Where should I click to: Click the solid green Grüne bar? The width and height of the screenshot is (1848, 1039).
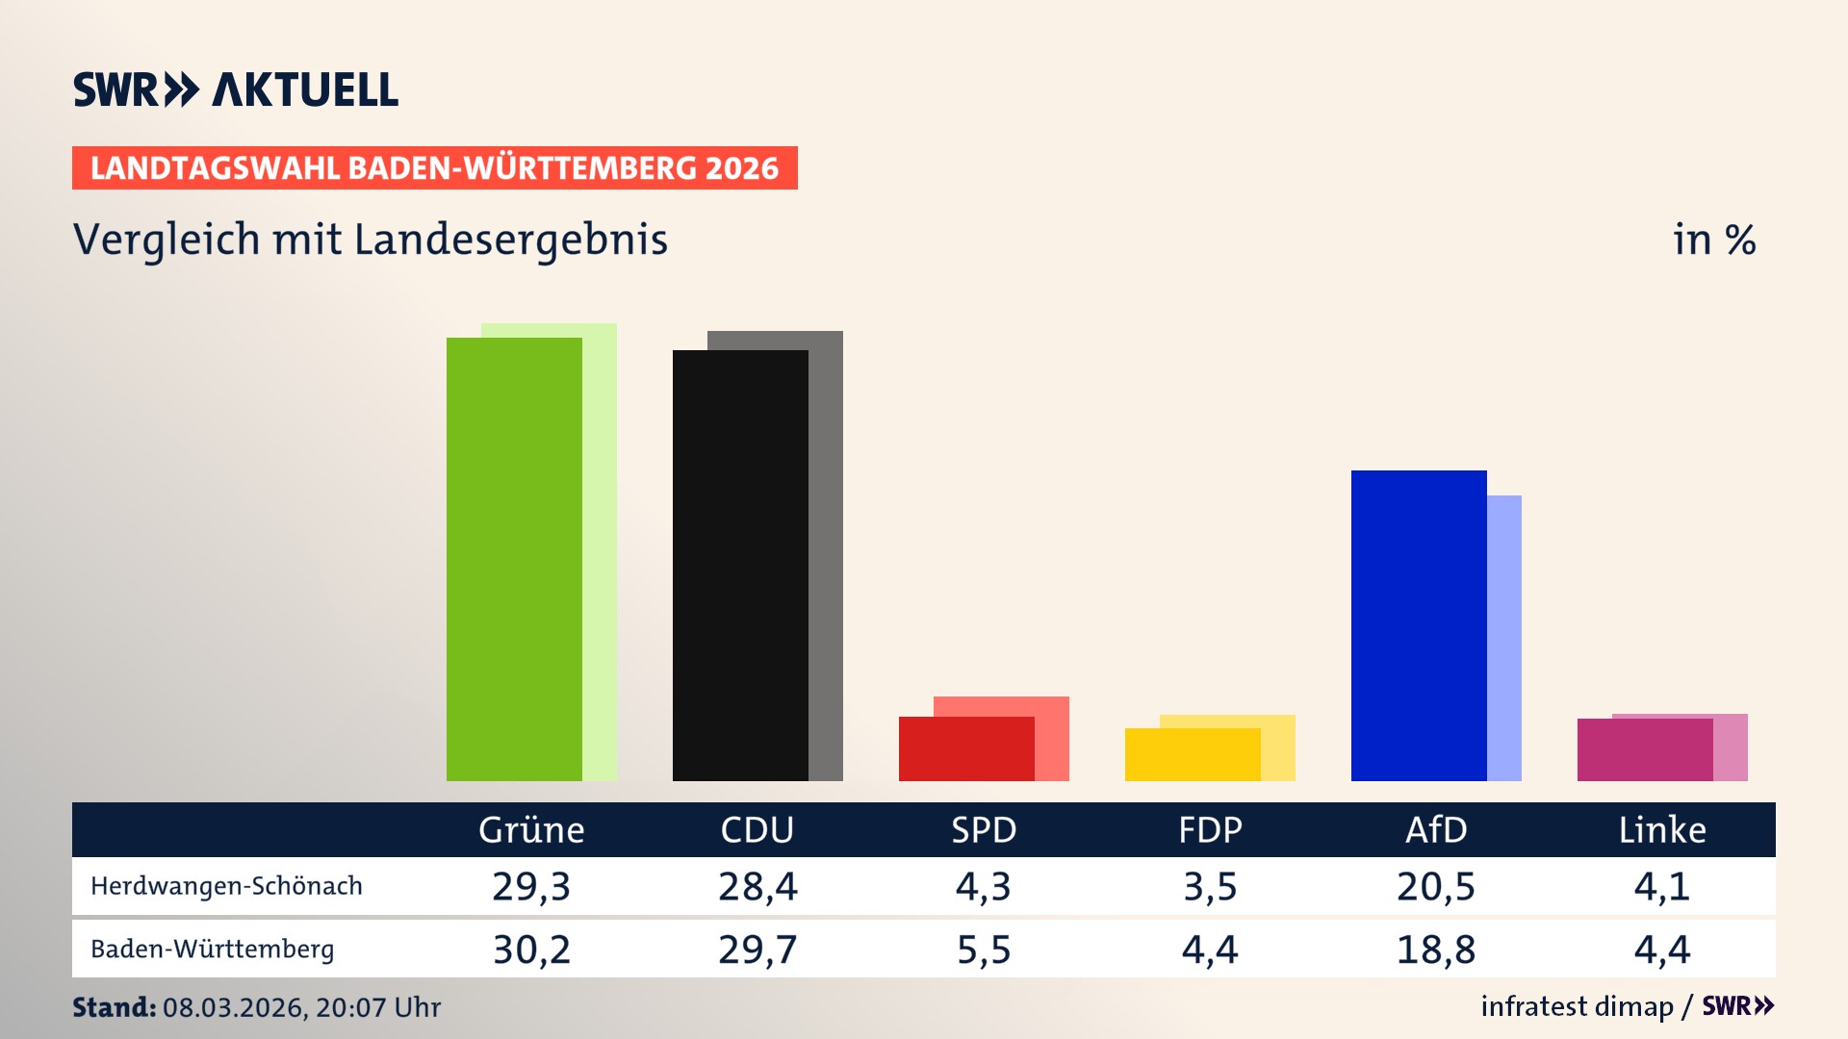click(514, 559)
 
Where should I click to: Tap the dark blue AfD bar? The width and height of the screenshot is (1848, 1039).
click(1419, 625)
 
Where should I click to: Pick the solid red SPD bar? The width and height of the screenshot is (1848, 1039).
click(966, 748)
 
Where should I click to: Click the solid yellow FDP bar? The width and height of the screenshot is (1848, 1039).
click(1193, 754)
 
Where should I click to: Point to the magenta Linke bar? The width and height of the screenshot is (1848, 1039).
click(1645, 749)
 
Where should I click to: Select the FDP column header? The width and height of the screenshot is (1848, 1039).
click(1210, 830)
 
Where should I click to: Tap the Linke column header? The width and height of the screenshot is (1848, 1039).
click(1662, 830)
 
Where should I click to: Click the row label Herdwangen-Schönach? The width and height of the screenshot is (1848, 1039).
click(226, 886)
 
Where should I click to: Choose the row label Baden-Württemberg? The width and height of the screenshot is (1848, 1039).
click(212, 950)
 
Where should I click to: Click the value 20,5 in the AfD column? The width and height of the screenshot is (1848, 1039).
click(1435, 886)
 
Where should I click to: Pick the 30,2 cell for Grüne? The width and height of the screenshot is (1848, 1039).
click(531, 950)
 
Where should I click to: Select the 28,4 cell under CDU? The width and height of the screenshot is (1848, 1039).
click(757, 886)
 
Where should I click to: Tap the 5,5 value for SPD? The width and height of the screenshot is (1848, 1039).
click(984, 950)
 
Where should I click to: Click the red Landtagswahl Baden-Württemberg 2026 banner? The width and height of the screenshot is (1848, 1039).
click(434, 168)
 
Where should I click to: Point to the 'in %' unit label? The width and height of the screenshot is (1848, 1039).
click(1713, 240)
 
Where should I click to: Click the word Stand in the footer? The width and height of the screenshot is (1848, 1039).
click(114, 1007)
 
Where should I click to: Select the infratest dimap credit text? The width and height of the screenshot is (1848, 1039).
click(1577, 1006)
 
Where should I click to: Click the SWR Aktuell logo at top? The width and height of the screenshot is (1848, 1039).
click(236, 89)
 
